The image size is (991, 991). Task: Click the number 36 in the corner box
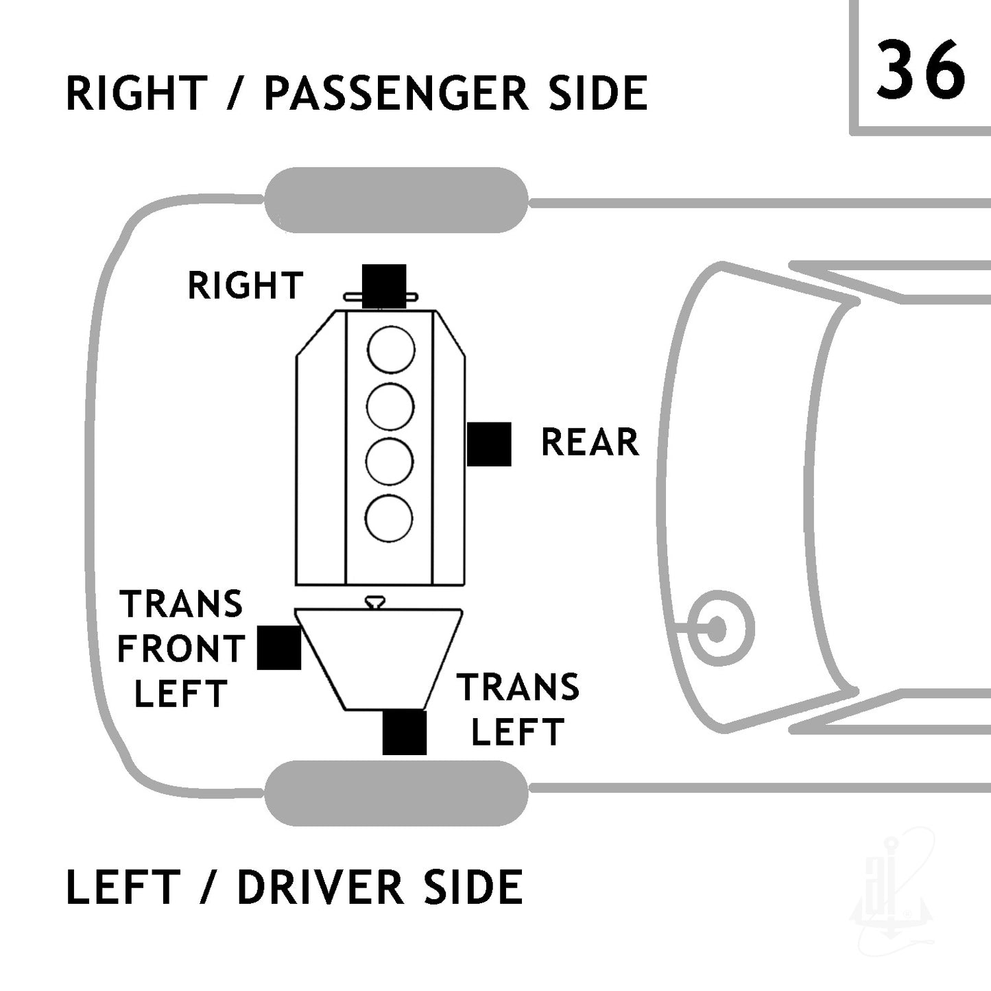tap(920, 70)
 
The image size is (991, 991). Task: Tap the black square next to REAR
tap(489, 444)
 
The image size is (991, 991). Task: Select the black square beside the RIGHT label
tap(384, 287)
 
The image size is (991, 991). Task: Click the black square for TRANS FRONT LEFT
tap(278, 647)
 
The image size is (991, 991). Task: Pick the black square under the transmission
tap(404, 733)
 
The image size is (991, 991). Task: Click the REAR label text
tap(590, 442)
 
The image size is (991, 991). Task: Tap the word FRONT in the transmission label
tap(181, 649)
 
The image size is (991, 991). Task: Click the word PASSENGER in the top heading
tap(396, 93)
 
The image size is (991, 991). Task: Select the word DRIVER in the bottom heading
tap(320, 887)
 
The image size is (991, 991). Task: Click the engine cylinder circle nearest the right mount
tap(392, 350)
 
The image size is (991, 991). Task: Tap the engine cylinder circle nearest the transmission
tap(389, 518)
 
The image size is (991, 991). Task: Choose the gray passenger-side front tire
tap(396, 200)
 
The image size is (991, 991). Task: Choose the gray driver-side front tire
tap(396, 793)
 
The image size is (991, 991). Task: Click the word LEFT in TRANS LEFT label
tap(518, 732)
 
